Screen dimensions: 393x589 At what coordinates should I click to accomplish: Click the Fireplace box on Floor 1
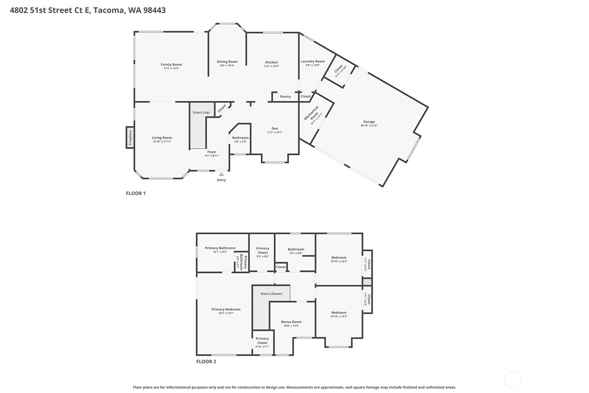[130, 137]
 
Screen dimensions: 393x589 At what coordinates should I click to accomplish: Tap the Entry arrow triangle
[221, 174]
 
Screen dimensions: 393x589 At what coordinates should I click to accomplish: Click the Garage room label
[369, 122]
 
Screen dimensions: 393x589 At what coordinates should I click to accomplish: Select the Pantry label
[285, 97]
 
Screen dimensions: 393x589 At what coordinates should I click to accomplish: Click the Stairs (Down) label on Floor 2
[271, 294]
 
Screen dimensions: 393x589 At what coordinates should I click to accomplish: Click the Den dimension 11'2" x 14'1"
[275, 132]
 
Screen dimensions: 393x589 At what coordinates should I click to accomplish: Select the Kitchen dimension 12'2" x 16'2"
[271, 66]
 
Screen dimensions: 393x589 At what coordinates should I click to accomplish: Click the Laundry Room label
[313, 61]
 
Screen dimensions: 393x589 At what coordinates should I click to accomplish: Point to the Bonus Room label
[291, 322]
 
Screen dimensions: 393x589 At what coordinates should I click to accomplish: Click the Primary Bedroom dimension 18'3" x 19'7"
[226, 313]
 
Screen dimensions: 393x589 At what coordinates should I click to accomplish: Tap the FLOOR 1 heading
[136, 193]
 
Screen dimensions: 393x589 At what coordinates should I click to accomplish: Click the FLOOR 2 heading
[206, 361]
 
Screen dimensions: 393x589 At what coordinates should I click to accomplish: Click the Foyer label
[212, 152]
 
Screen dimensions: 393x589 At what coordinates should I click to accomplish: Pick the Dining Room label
[227, 62]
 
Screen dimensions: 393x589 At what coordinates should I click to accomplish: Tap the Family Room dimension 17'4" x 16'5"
[171, 68]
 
